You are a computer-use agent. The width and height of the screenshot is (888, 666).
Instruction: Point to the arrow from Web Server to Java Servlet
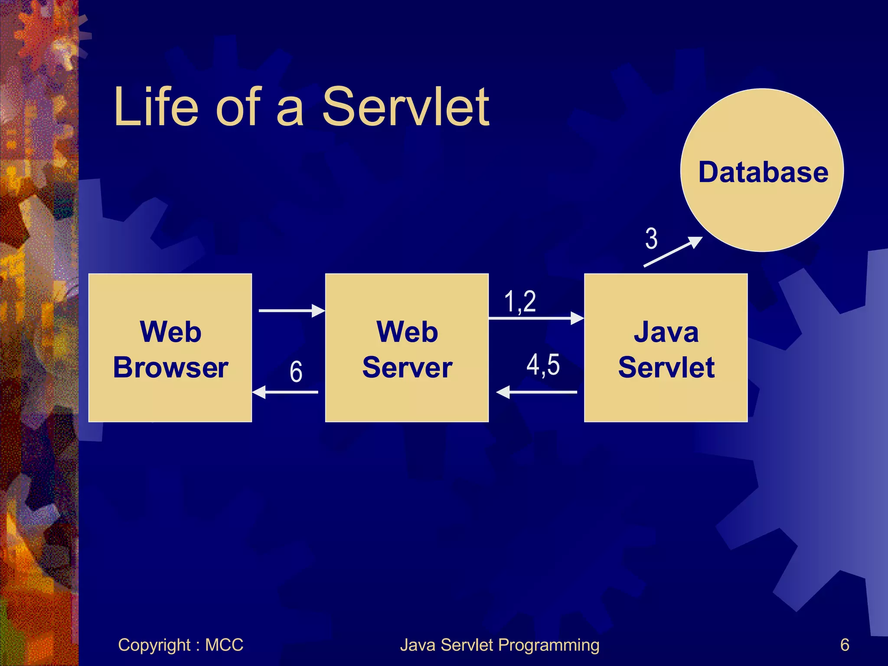coord(536,318)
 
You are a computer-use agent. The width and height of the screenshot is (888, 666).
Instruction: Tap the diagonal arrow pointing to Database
coord(672,252)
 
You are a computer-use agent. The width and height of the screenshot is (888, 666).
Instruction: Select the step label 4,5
coord(543,364)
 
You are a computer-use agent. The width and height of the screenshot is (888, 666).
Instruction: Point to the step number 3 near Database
coord(651,238)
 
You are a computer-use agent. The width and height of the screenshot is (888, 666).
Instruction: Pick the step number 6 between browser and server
coord(296,372)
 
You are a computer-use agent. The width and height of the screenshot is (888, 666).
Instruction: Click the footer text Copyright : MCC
coord(180,645)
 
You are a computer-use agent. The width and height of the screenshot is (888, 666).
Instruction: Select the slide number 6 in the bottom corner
coord(844,645)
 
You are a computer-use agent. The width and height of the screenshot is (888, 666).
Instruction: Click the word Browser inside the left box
coord(170,367)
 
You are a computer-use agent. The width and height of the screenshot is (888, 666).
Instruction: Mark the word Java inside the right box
coord(666,332)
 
